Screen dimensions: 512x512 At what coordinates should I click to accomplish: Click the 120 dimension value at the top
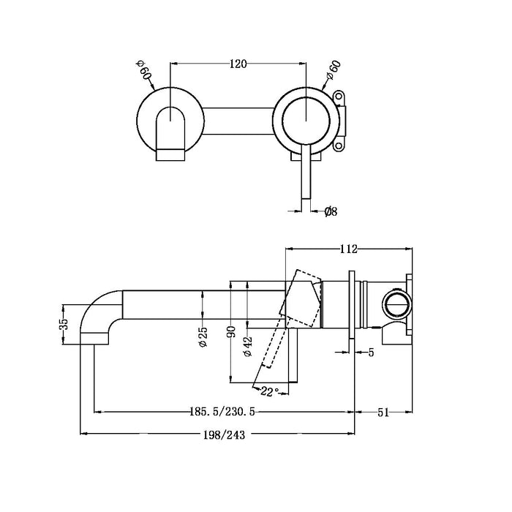[x=238, y=64]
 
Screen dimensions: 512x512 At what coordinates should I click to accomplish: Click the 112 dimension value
[x=347, y=249]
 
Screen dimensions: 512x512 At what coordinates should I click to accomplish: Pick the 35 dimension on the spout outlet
[x=64, y=323]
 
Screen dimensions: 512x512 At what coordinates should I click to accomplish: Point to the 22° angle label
[x=269, y=393]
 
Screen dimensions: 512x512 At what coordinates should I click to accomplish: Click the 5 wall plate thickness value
[x=372, y=353]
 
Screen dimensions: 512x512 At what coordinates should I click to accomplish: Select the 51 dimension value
[x=383, y=413]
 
